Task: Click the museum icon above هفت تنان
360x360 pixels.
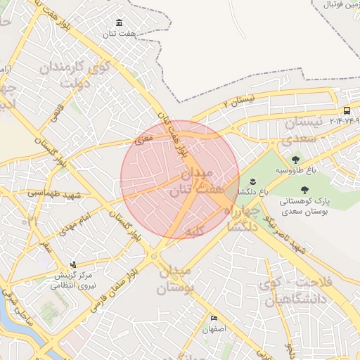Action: [x=118, y=22]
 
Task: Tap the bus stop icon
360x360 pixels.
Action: [x=347, y=110]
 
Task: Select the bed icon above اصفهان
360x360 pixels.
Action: [x=214, y=318]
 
